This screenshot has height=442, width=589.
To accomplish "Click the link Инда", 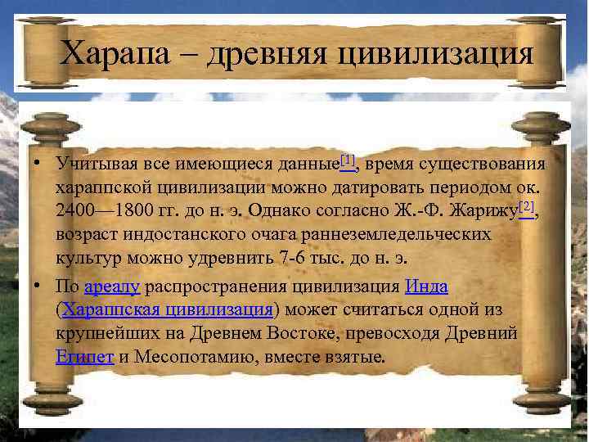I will point(426,287).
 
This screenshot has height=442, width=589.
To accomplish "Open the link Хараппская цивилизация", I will point(168,310).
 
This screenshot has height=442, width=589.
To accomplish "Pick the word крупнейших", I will point(106,334).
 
